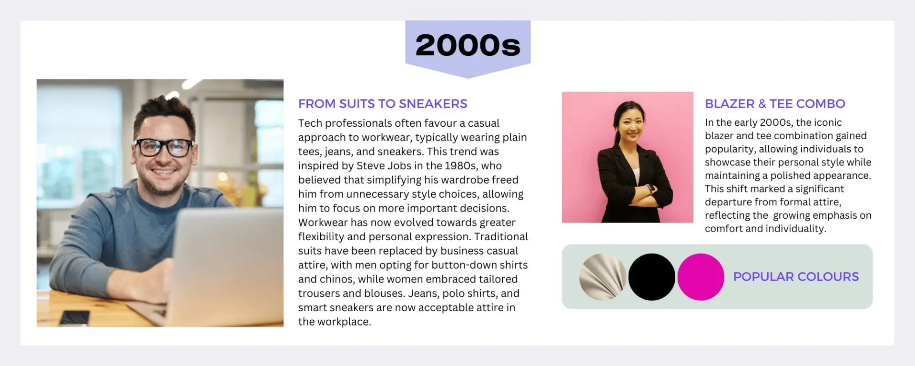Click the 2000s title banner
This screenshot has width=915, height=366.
coord(468,47)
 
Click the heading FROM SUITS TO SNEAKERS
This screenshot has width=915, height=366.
coord(383,104)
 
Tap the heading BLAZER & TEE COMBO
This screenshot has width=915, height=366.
coord(775,104)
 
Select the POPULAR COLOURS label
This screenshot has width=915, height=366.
coord(796,277)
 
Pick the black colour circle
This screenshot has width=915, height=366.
coord(651,277)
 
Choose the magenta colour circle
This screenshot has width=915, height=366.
coord(701,277)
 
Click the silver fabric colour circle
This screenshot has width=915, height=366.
coord(603,277)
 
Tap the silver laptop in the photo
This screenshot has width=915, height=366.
coord(224,267)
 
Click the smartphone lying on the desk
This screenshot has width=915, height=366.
coord(74,317)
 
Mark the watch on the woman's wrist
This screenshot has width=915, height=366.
coord(651,189)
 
